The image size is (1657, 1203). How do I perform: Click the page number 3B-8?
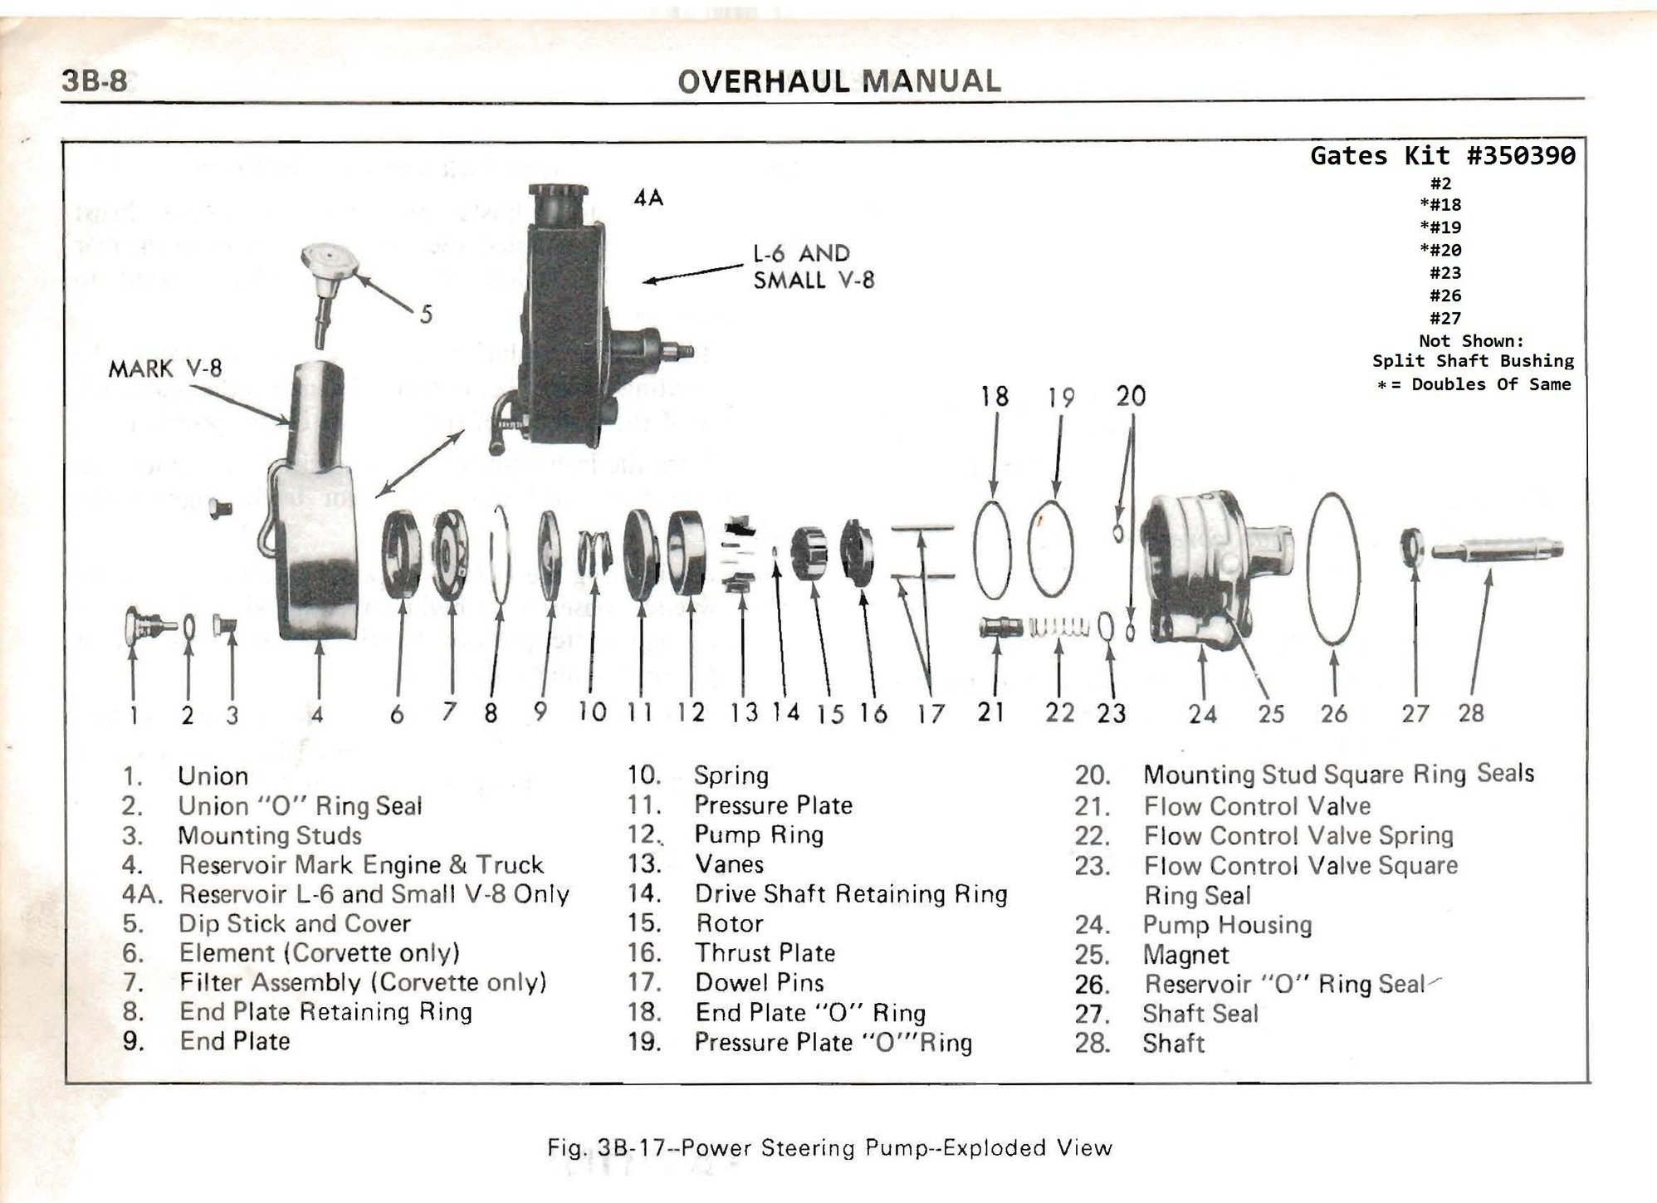[x=94, y=81]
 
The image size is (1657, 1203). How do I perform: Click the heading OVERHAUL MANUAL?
[x=838, y=81]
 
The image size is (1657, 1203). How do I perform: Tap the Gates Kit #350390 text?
[x=1442, y=155]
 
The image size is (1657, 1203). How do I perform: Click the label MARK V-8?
[x=165, y=368]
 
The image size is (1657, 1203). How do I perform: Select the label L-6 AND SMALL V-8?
[x=814, y=267]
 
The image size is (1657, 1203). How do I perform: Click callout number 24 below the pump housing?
[x=1201, y=713]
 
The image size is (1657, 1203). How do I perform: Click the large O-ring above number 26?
[x=1332, y=568]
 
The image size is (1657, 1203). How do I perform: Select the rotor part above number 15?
[x=809, y=554]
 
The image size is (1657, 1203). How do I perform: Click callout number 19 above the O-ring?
[x=1060, y=398]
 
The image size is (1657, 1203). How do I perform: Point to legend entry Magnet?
[x=1185, y=955]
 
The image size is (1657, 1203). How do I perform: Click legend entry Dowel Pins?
[x=759, y=983]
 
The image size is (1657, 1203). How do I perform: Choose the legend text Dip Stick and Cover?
[x=294, y=923]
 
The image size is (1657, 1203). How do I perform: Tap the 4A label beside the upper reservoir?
[x=648, y=198]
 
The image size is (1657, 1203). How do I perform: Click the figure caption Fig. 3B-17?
[x=828, y=1148]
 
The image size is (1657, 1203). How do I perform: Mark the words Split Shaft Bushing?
[x=1472, y=361]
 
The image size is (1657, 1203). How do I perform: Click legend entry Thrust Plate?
[x=765, y=953]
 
